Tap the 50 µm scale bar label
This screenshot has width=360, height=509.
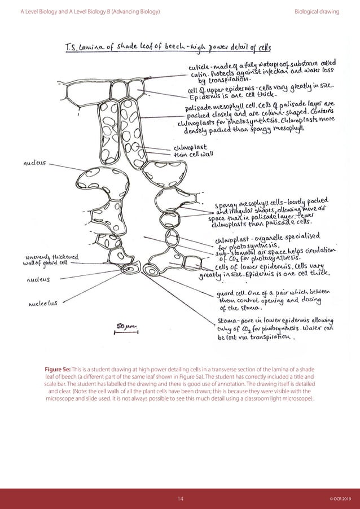(124, 326)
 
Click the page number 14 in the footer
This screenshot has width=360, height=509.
(179, 498)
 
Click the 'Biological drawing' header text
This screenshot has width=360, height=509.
(317, 11)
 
